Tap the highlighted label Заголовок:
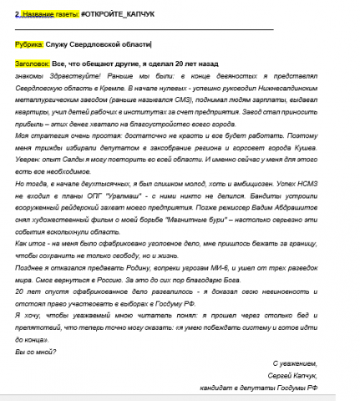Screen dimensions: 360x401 pos(33,63)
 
